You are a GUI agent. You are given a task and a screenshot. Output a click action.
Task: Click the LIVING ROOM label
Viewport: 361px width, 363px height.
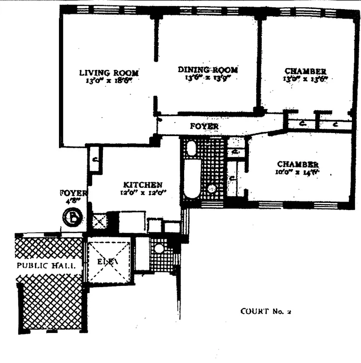[109, 73]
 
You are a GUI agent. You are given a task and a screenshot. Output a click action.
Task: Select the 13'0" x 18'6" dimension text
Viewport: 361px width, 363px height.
[109, 81]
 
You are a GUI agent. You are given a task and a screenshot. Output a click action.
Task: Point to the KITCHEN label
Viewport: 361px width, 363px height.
[143, 185]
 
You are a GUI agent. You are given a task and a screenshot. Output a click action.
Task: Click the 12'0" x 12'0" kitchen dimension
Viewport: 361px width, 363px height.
[143, 192]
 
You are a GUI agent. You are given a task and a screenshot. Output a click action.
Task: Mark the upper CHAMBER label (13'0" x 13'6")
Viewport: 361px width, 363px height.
[305, 71]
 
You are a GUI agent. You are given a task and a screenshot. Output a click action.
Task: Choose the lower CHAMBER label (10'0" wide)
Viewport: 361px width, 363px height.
[297, 164]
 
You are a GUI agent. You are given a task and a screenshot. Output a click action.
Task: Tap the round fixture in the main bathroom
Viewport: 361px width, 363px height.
[211, 189]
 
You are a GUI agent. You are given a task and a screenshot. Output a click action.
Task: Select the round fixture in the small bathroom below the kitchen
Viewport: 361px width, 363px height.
[158, 249]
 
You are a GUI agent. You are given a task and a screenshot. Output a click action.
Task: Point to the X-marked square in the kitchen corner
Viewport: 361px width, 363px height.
[99, 222]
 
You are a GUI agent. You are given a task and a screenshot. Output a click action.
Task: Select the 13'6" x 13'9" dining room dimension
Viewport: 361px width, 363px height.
[208, 78]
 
